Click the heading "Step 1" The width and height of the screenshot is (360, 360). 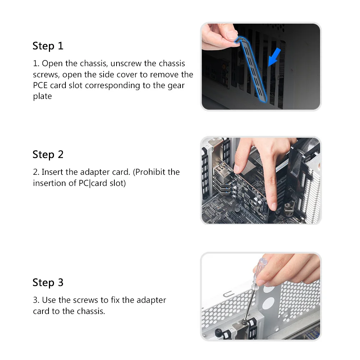point(48,46)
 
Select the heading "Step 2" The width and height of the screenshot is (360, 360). point(48,155)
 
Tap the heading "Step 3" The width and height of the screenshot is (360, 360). point(48,282)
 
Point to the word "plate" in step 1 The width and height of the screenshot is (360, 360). point(42,96)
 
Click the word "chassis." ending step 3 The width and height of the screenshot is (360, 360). point(91,311)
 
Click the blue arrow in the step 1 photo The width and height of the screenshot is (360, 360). point(274,57)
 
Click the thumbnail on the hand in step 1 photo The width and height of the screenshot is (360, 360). point(232,35)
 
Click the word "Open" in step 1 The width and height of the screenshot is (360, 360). point(52,64)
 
